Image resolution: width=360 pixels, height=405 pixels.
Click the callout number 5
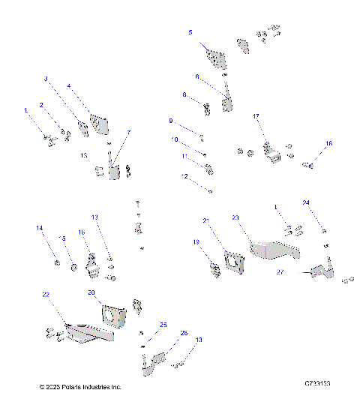pos(190,32)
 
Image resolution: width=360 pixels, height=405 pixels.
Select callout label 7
pos(128,132)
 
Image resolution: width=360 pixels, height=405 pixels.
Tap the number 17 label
pos(256,116)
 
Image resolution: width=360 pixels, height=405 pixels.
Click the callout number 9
pos(170,121)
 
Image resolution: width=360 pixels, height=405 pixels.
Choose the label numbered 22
pos(46,295)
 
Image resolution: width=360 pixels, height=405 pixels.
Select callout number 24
pos(306,202)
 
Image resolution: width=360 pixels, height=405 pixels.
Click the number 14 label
pos(40,229)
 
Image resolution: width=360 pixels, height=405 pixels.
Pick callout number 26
pos(183,331)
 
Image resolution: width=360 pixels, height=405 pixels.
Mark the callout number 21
pos(205,220)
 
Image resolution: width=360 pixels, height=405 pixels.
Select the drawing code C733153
pos(318,384)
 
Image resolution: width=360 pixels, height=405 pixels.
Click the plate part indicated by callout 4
pos(97,121)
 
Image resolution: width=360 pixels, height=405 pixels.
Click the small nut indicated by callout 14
pos(57,263)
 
